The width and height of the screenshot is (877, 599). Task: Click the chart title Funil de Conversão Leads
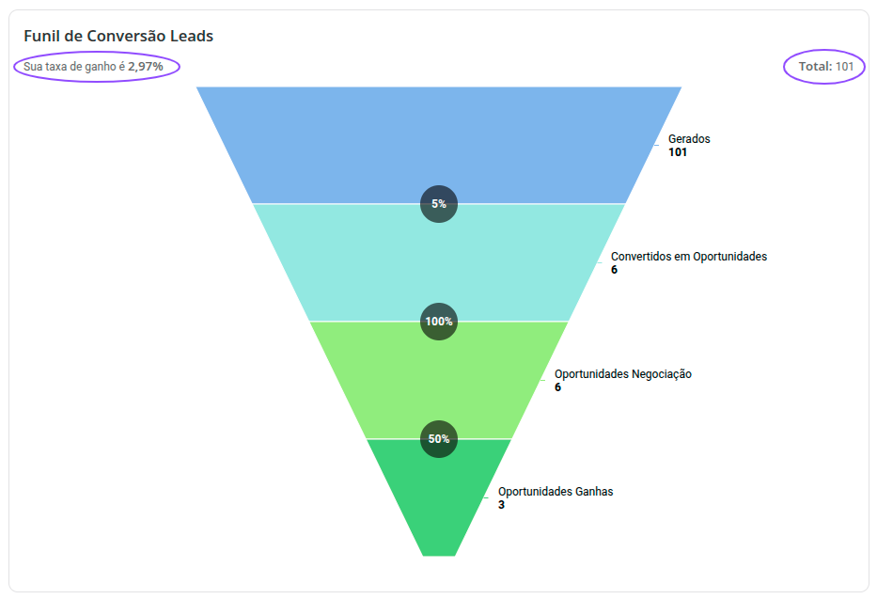point(118,37)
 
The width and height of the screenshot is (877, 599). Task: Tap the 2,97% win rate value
point(146,67)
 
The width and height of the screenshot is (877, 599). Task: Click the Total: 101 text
point(824,67)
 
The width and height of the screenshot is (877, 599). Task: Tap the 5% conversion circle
point(438,204)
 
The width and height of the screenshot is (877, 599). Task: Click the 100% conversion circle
point(438,322)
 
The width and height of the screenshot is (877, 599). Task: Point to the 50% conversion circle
point(438,439)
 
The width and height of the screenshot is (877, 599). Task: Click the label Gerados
point(689,139)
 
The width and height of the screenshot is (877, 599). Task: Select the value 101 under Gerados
point(678,152)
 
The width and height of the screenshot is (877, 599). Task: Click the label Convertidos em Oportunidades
point(689,257)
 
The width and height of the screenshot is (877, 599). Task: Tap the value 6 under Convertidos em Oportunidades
point(615,270)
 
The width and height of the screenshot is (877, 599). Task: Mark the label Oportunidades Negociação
point(623,374)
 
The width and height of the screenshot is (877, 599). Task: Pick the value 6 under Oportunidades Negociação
point(558,387)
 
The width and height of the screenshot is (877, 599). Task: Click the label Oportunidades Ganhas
point(556,492)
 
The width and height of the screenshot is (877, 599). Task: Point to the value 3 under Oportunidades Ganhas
point(502,505)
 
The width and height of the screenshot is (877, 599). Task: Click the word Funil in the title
point(41,37)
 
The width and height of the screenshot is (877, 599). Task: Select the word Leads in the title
point(192,37)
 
